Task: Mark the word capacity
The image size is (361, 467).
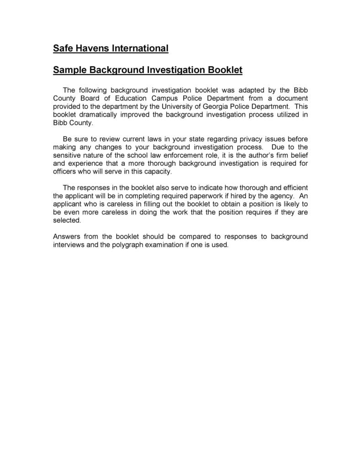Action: pyautogui.click(x=158, y=172)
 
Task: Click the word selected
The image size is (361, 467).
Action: pyautogui.click(x=67, y=221)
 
